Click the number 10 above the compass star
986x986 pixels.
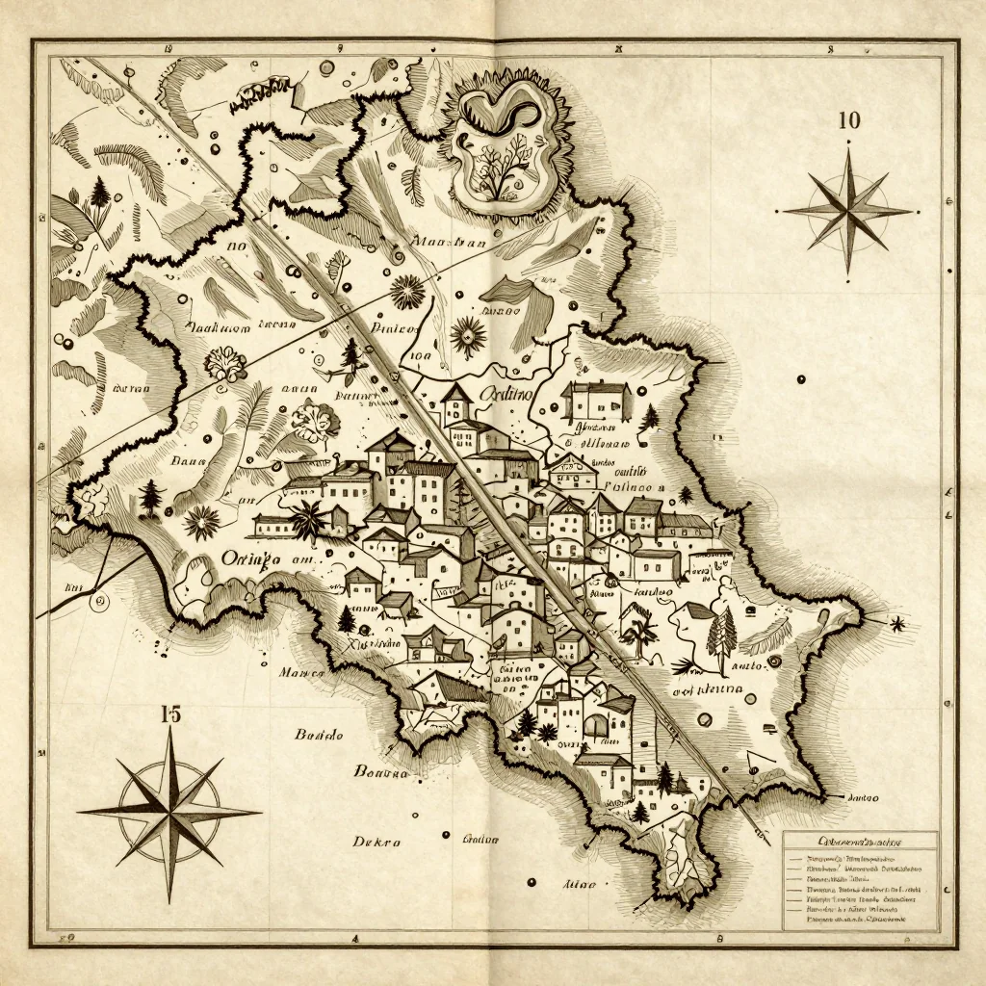coord(848,120)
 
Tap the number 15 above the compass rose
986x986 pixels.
coord(169,714)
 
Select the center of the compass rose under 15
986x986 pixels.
coord(169,812)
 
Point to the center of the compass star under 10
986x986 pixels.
coord(848,210)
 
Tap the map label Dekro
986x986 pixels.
coord(376,841)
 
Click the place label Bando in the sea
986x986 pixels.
coord(319,735)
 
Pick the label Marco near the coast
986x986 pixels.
coord(300,673)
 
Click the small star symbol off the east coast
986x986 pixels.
coord(897,624)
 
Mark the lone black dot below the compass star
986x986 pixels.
coord(800,378)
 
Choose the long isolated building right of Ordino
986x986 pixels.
coord(596,399)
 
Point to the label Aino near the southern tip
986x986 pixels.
coord(578,882)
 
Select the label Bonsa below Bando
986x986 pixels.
coord(382,770)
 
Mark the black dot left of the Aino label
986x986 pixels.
coord(531,881)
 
